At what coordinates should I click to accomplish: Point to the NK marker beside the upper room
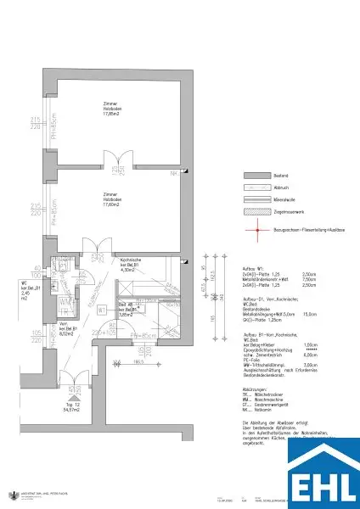(x=173, y=175)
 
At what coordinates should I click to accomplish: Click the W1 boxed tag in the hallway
(x=102, y=310)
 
